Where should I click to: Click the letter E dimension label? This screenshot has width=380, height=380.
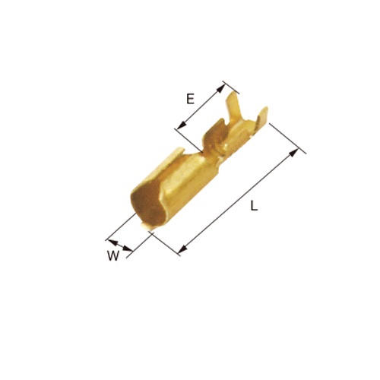190,99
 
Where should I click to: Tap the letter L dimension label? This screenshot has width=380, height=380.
254,205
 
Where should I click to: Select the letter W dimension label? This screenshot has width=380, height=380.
113,255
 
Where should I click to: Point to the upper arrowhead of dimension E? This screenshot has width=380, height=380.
221,88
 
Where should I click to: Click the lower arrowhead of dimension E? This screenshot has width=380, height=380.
182,125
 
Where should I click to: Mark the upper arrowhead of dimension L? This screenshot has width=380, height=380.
293,154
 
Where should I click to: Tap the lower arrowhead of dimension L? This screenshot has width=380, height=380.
182,249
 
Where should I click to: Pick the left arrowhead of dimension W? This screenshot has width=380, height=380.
112,242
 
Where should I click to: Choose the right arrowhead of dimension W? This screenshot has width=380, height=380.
128,249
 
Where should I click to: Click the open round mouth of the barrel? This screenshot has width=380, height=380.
146,207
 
